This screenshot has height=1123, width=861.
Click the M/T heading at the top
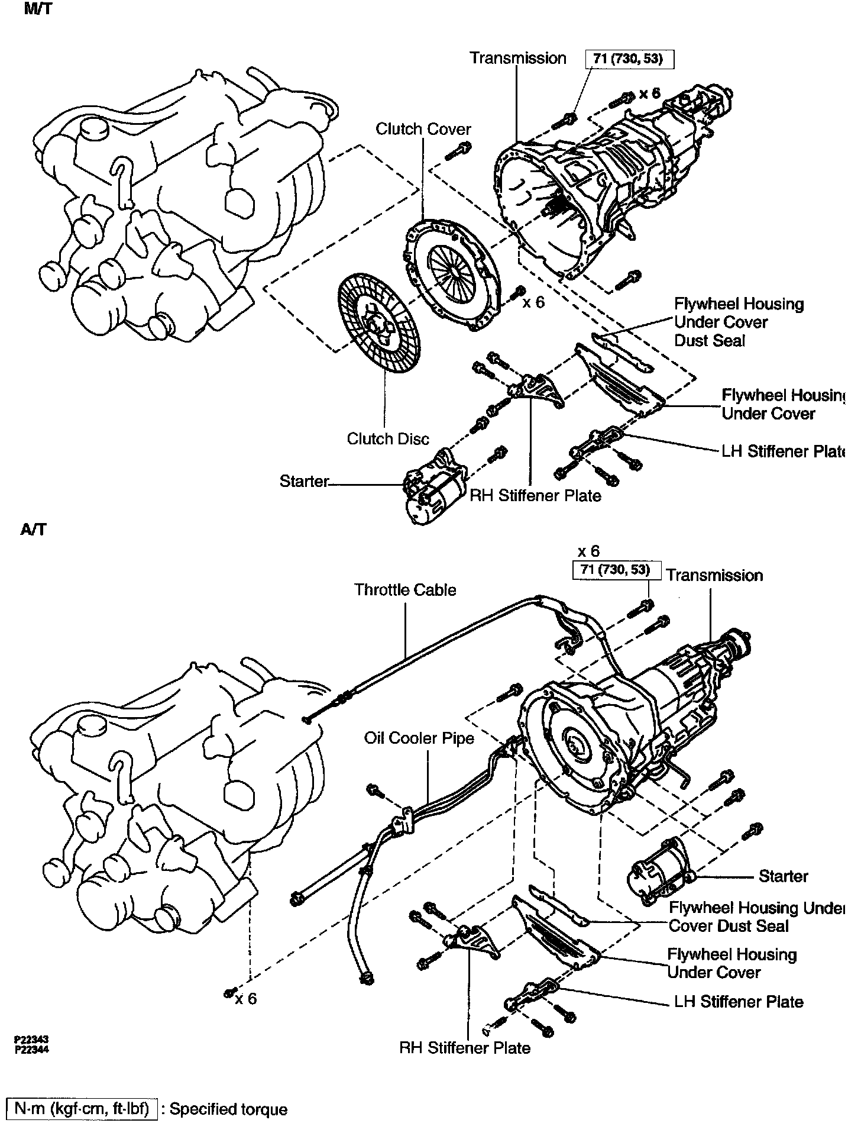click(38, 10)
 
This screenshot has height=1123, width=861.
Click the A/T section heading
click(33, 530)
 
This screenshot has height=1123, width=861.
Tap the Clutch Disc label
click(388, 439)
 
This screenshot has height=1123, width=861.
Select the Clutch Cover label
click(423, 129)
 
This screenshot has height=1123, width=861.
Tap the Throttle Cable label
click(405, 590)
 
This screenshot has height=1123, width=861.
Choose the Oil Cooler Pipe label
click(419, 738)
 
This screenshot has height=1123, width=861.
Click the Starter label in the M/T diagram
click(304, 481)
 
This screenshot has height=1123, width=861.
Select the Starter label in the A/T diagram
click(783, 876)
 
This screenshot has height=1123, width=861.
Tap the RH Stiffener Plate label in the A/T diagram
click(465, 1048)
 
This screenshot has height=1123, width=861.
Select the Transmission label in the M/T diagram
click(518, 58)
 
